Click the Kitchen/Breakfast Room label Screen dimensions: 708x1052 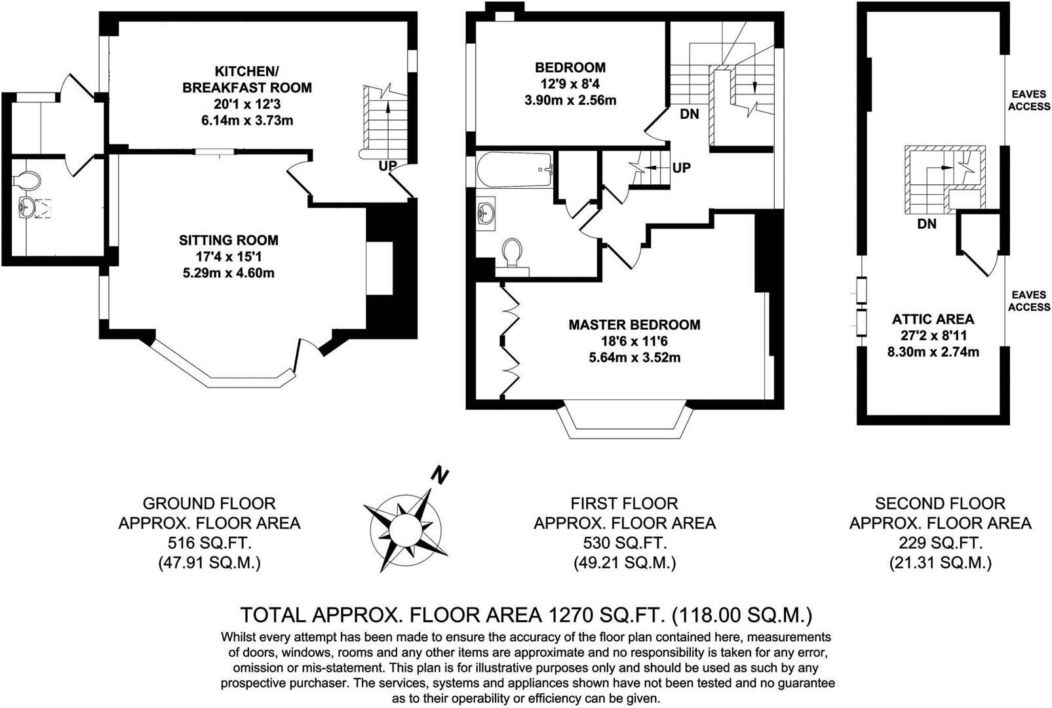246,79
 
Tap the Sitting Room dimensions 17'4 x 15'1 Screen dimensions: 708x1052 229,256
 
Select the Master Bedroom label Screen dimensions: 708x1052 634,324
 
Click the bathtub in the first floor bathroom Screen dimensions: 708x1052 515,170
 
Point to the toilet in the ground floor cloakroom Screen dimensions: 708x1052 28,179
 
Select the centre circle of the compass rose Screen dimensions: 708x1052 405,528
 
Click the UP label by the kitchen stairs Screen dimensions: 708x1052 387,166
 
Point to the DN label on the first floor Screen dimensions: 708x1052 689,114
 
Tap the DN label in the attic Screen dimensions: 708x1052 926,224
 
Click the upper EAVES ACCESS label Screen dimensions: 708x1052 1028,100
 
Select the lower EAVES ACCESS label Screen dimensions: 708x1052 1028,301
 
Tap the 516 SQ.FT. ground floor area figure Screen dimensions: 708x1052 209,543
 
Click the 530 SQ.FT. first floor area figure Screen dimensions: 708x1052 624,543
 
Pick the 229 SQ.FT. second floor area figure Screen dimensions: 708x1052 940,543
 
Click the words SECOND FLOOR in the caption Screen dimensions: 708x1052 940,503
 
